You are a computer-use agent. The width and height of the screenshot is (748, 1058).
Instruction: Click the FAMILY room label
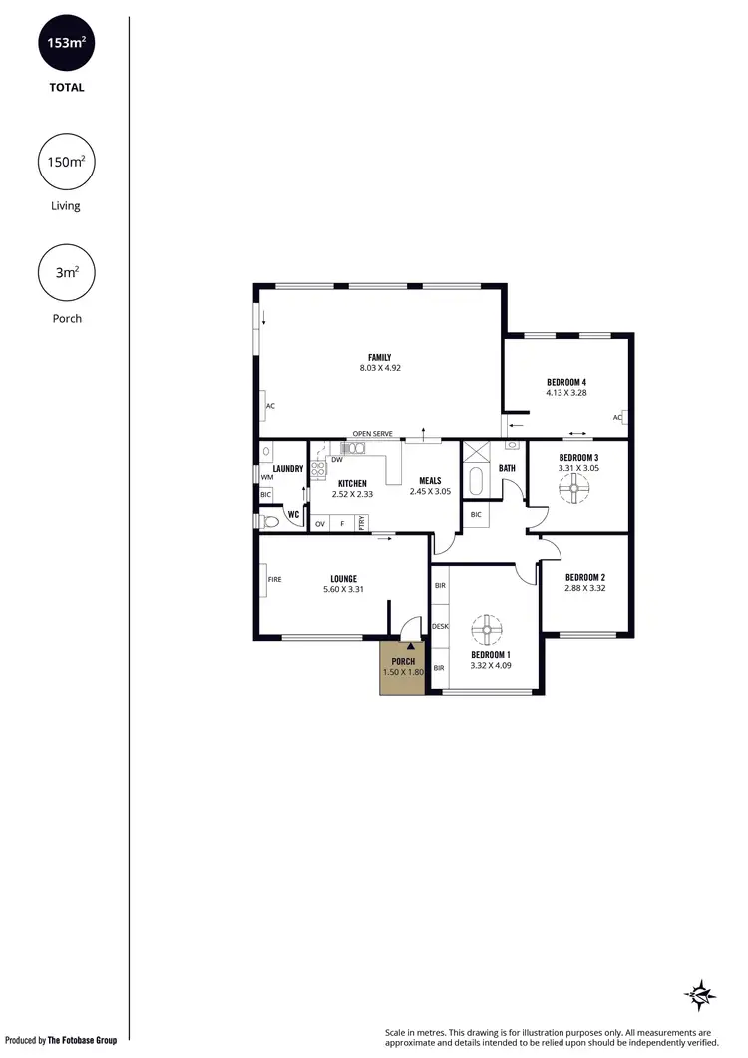(x=379, y=357)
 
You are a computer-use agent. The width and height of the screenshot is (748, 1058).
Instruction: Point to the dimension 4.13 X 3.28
(x=565, y=393)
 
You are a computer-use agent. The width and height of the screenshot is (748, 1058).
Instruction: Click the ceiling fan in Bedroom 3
(x=575, y=489)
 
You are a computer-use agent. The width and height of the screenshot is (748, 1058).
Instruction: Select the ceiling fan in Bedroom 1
(x=488, y=630)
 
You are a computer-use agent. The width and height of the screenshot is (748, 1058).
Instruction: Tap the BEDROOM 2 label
(x=585, y=577)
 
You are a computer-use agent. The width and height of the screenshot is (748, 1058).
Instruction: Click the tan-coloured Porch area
(x=402, y=670)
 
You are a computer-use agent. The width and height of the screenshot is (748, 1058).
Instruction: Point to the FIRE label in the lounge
(x=274, y=579)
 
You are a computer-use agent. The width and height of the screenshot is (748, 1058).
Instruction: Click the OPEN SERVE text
(x=372, y=434)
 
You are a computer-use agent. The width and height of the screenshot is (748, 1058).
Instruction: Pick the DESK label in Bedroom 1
(x=440, y=626)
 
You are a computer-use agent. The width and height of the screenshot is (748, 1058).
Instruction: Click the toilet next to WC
(x=270, y=520)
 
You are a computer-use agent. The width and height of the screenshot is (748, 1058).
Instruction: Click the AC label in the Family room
(x=270, y=406)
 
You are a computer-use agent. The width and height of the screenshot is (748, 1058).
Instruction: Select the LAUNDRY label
(x=287, y=468)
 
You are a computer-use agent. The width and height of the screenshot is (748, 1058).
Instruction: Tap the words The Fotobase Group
(x=82, y=1040)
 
